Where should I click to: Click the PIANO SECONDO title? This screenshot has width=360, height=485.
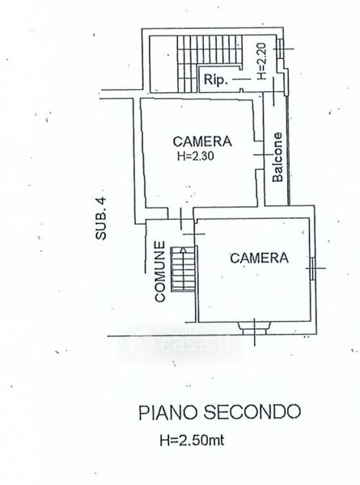tap(219, 412)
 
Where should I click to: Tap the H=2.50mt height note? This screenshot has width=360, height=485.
tap(192, 440)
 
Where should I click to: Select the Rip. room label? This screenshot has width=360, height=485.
tap(216, 80)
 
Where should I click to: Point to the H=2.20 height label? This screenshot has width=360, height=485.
tap(261, 61)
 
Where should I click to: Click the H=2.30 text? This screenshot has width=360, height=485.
tap(196, 156)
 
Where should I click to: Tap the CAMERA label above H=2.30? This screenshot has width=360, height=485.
tap(202, 141)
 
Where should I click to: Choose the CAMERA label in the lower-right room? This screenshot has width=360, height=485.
tap(259, 258)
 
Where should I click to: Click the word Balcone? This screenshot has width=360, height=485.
tap(277, 157)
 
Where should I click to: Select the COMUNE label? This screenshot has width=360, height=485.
tap(160, 272)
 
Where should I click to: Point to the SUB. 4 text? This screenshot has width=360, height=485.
tap(101, 219)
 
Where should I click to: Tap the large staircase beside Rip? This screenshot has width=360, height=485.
tap(210, 63)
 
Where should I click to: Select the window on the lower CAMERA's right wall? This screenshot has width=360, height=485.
tap(312, 268)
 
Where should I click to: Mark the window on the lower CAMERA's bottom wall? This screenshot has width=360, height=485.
tap(255, 328)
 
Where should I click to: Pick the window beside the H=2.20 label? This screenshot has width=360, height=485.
tap(281, 48)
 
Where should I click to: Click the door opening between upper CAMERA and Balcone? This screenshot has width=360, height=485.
tap(260, 155)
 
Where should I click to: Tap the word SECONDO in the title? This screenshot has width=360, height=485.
tap(252, 412)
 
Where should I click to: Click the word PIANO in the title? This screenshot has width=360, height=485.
tap(167, 412)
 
